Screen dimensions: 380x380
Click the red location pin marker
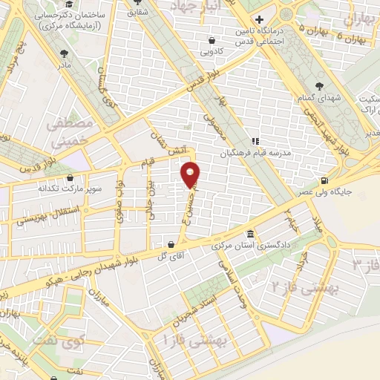pos(191,175)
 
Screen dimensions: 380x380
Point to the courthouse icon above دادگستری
pos(250,233)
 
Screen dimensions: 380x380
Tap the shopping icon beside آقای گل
pos(171,243)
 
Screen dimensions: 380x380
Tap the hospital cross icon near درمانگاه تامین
pos(258,19)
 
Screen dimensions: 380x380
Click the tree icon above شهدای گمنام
pos(319,86)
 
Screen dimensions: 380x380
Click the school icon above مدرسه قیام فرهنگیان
pos(255,141)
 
